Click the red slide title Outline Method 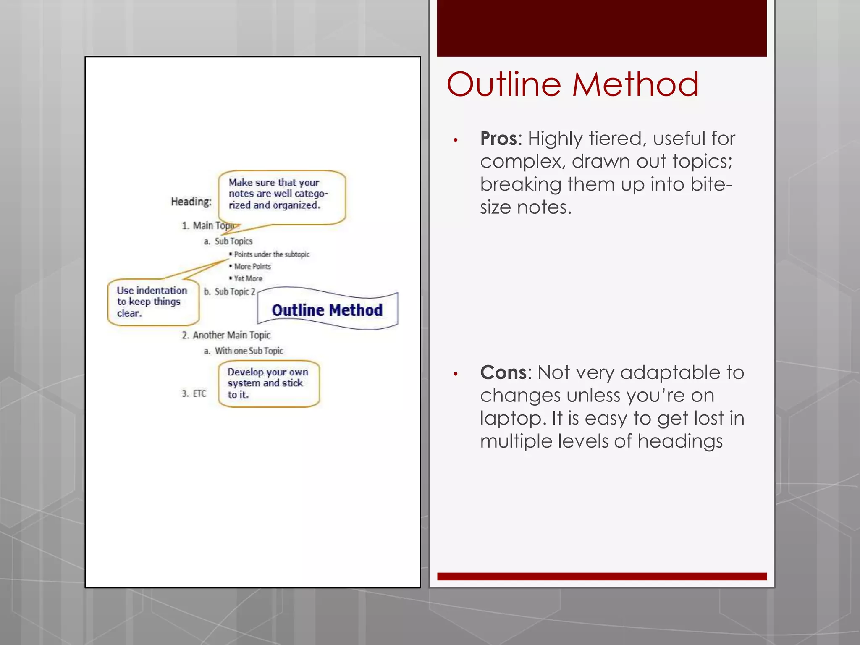(572, 84)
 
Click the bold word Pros (498, 139)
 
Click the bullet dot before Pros (455, 140)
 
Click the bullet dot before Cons (455, 374)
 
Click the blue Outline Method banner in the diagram (327, 310)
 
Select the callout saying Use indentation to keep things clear (152, 302)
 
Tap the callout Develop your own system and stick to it (268, 383)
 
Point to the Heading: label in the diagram (191, 202)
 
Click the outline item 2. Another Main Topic (226, 335)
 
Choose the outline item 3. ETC (194, 393)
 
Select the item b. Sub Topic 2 (230, 291)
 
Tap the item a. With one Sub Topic (244, 351)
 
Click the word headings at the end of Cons (680, 442)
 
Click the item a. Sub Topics (228, 241)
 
